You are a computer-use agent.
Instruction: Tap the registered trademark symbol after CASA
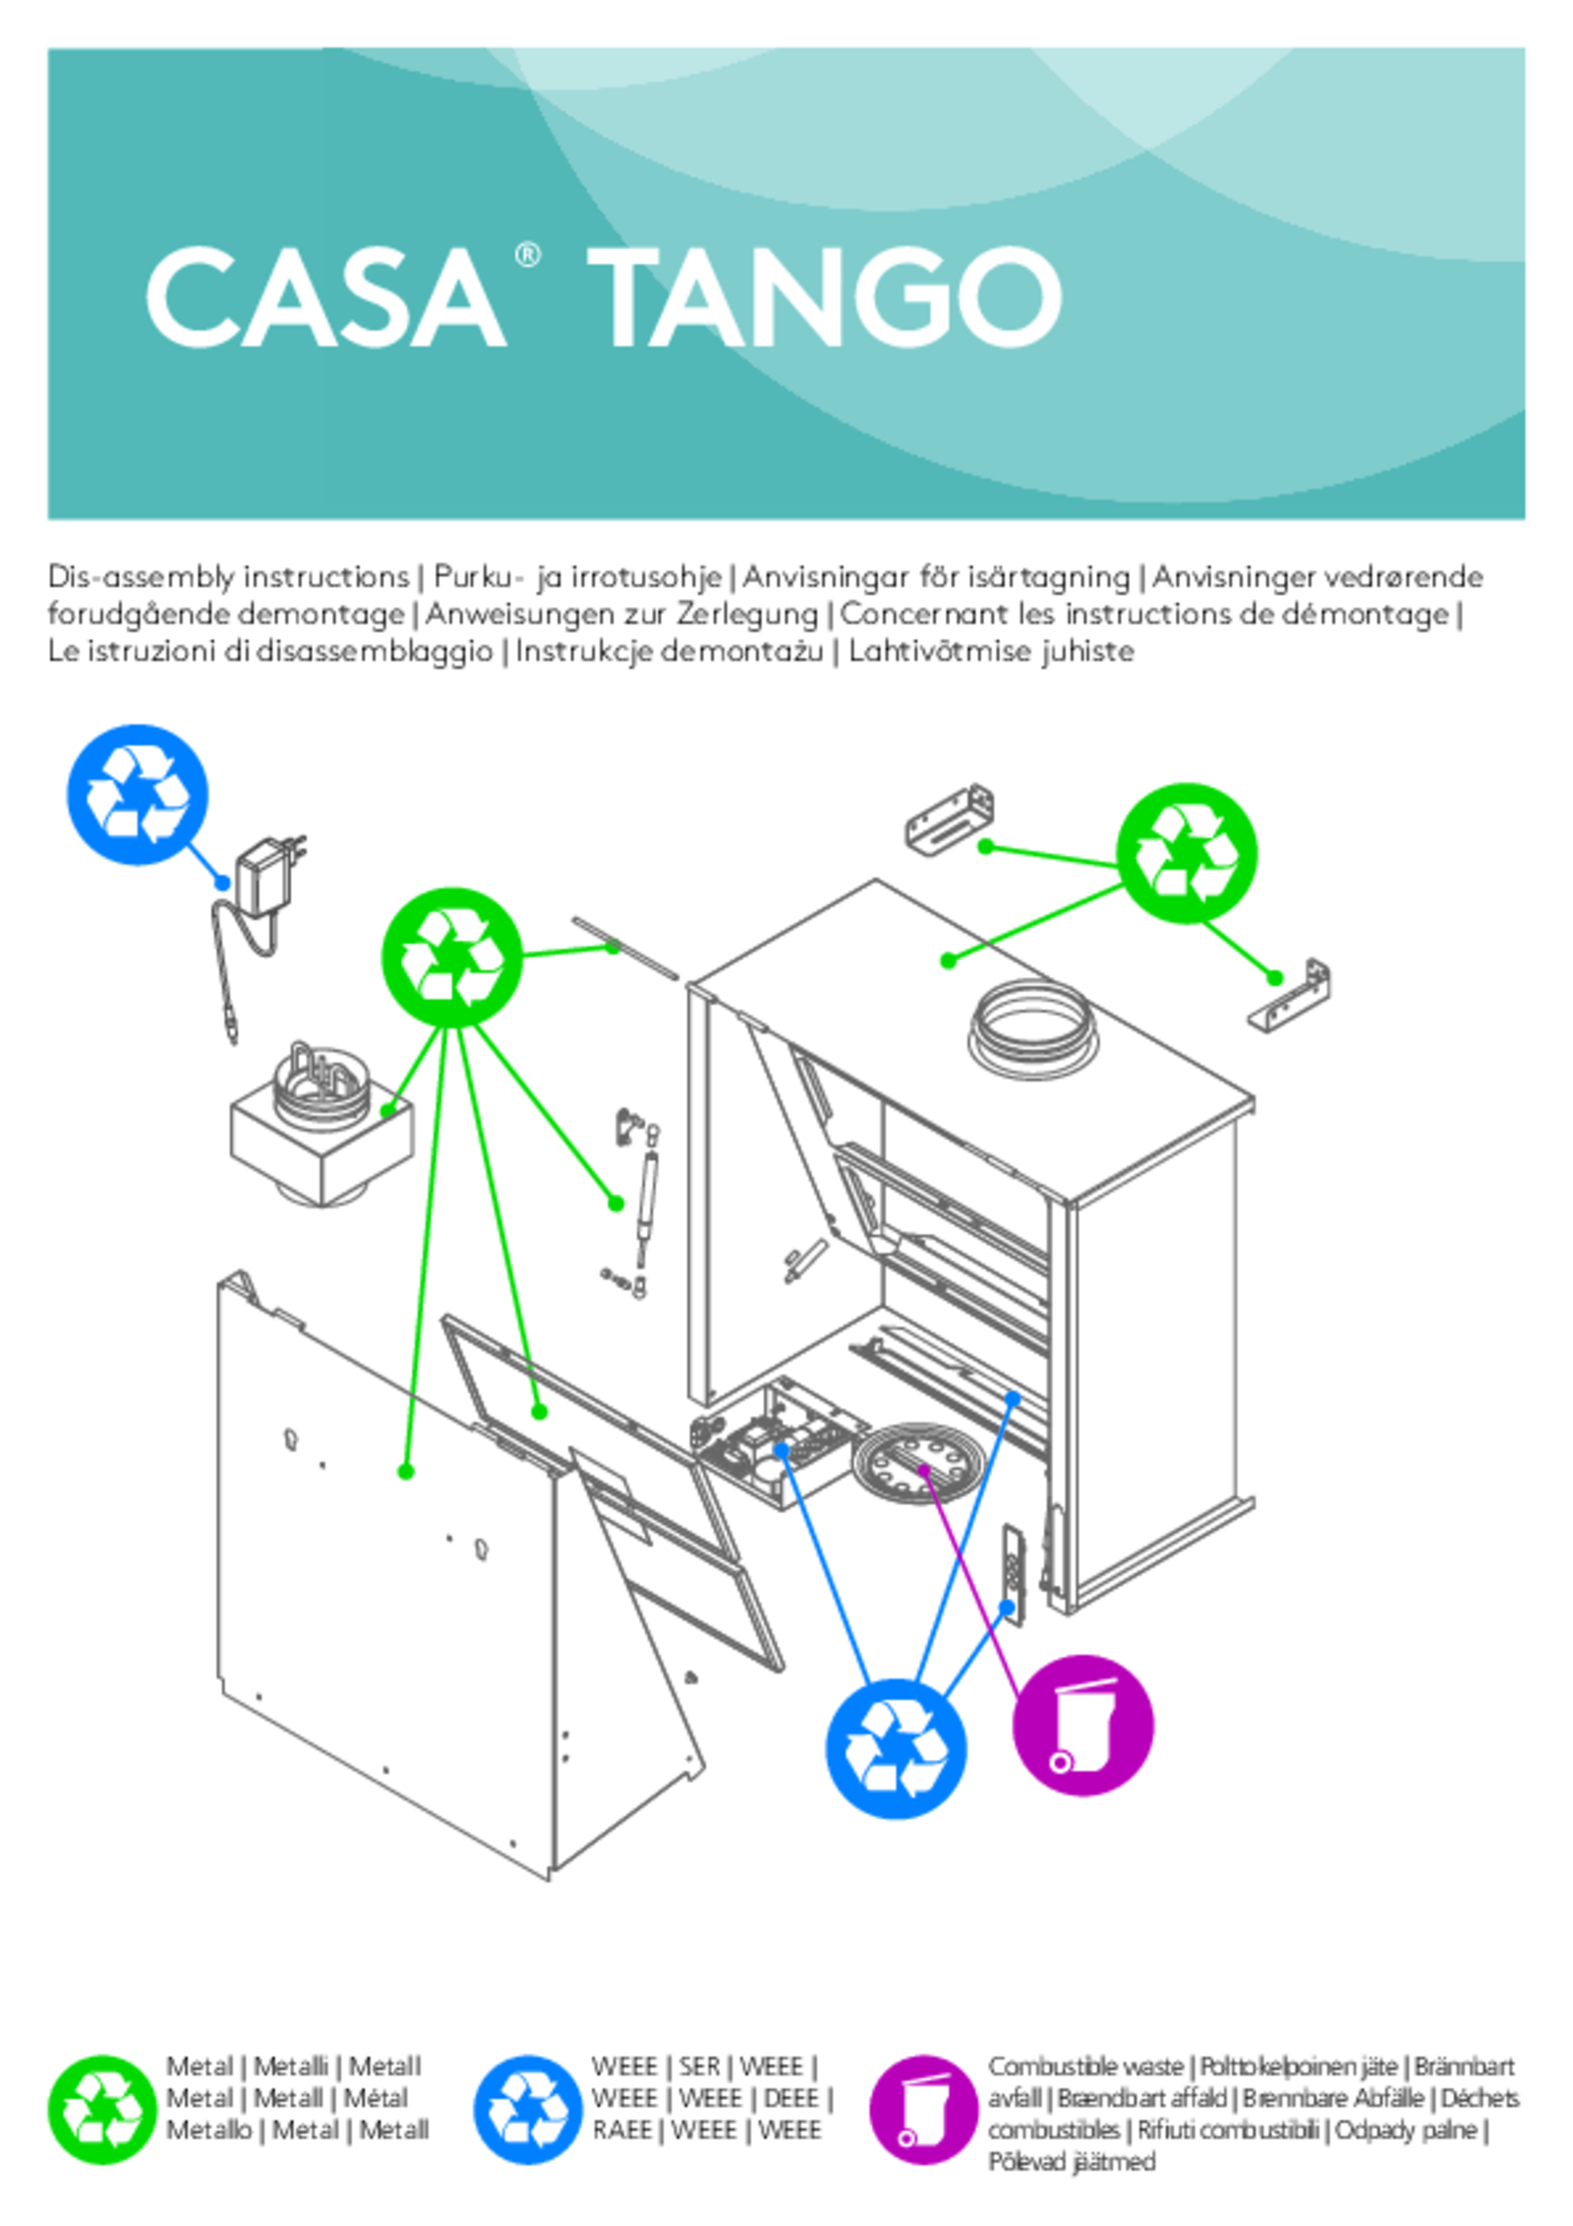point(527,256)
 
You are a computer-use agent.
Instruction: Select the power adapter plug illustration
point(268,877)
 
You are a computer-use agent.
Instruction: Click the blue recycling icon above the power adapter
point(137,794)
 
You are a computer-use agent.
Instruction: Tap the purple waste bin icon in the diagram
point(1082,1726)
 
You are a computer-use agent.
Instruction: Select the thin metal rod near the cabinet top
point(625,948)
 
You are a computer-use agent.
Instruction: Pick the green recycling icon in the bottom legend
point(101,2110)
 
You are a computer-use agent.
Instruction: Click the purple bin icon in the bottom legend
point(923,2110)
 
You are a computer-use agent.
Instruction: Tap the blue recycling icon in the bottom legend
point(527,2110)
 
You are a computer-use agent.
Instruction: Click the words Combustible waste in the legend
point(1084,2067)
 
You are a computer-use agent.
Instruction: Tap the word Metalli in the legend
point(290,2067)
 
